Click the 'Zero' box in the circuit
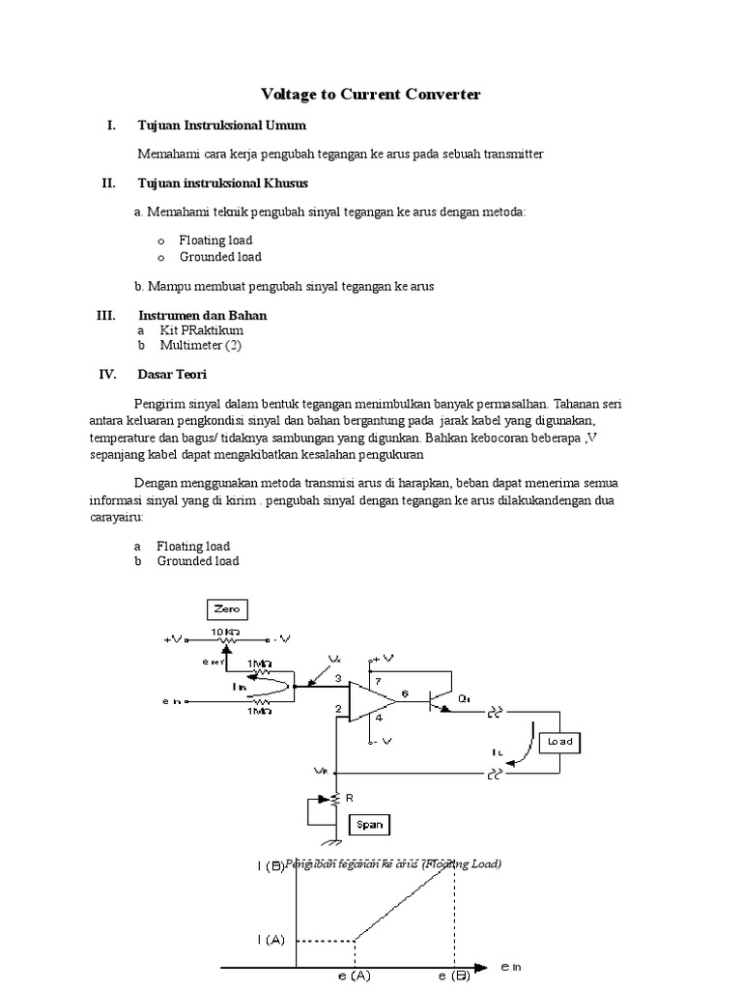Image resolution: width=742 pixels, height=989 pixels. (227, 609)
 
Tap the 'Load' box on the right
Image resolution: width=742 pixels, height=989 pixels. (559, 742)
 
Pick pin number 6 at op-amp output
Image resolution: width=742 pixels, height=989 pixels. (406, 692)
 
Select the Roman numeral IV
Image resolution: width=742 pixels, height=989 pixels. (107, 375)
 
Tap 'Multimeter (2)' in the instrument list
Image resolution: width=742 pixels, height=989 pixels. (191, 344)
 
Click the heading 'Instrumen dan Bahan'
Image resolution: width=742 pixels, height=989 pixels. (202, 316)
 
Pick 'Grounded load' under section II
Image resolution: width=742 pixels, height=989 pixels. (220, 257)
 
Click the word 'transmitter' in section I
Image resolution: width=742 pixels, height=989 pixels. (512, 154)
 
